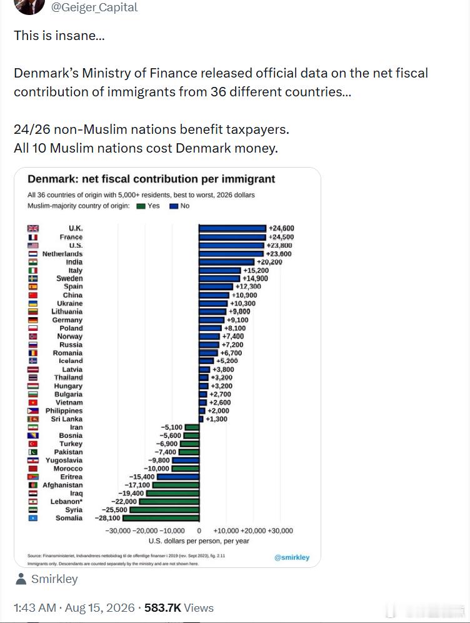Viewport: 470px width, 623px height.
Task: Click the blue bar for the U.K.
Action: pos(232,228)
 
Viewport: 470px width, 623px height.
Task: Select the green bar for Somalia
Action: pos(161,518)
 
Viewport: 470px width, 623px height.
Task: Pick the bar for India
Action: pos(227,262)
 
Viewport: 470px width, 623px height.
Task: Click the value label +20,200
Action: pos(269,262)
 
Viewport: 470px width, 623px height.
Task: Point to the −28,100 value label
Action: pos(107,518)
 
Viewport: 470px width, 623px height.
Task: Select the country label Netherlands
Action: pos(62,253)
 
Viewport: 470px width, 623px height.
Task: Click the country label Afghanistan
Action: pos(62,485)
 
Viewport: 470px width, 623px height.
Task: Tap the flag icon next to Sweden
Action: pos(33,278)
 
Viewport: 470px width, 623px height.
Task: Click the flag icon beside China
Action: pos(33,295)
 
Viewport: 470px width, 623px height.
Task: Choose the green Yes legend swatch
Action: pos(141,206)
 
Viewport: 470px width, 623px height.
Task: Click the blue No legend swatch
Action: pos(174,206)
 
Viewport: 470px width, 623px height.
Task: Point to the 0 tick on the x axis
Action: pos(199,531)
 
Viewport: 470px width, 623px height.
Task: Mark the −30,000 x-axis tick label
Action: pos(118,531)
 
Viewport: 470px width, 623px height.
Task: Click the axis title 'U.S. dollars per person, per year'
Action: pos(199,541)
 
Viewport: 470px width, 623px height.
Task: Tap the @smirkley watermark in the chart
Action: pos(292,557)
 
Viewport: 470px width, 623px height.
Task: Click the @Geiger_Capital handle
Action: pos(94,8)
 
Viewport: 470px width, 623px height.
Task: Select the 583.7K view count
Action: pos(162,608)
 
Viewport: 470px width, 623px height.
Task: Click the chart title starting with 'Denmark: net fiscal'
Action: pos(151,179)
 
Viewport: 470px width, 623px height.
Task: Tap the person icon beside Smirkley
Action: pos(21,579)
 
